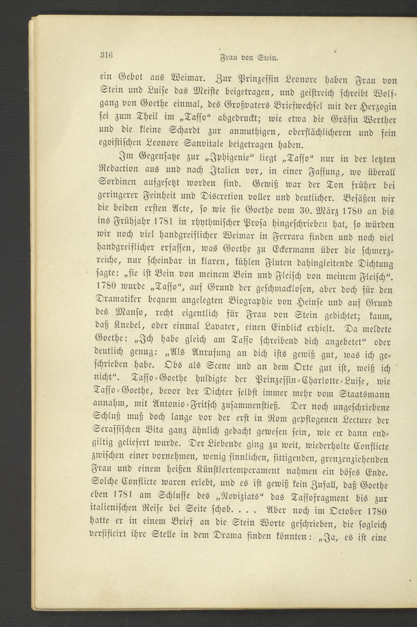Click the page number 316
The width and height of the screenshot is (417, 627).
point(107,56)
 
